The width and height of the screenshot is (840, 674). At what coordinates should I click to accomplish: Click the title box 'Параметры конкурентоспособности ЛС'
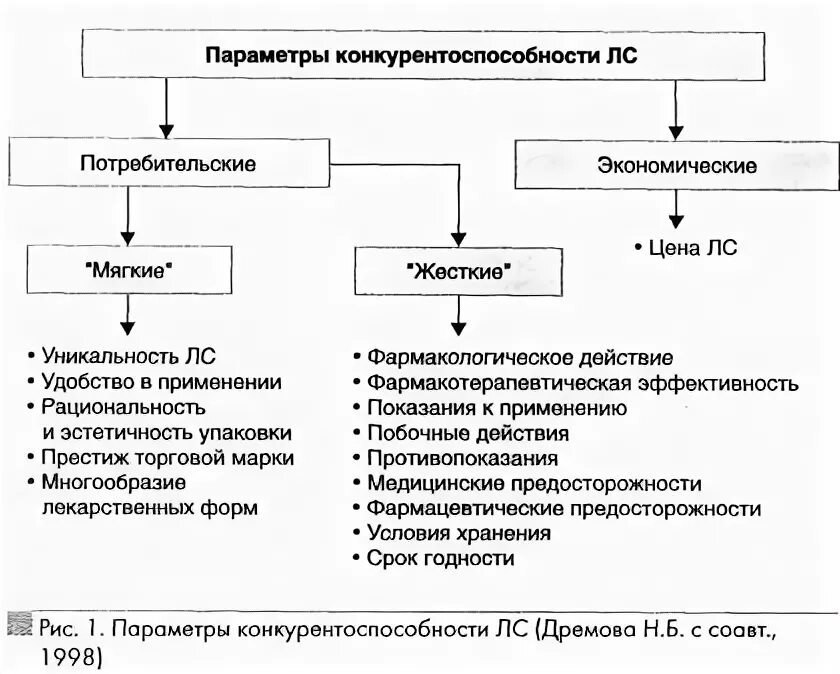tap(420, 55)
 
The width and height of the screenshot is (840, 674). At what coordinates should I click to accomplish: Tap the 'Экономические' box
tap(677, 166)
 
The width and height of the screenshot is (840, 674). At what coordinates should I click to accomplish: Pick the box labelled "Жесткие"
tap(459, 270)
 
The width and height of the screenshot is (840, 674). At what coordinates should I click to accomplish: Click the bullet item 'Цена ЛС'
tap(685, 248)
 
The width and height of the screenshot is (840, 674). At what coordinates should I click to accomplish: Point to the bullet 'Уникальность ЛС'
tap(128, 356)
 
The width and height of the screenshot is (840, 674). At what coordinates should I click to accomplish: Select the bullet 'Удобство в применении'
tap(161, 382)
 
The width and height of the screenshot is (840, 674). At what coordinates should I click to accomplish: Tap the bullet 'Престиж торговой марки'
tap(167, 458)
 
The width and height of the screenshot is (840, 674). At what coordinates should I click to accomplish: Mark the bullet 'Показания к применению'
tap(496, 408)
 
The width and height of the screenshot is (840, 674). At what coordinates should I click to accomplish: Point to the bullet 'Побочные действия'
tap(467, 433)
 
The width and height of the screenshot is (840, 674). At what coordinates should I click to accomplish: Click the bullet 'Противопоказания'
tap(462, 458)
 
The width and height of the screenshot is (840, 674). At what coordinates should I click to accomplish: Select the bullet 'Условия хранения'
tap(458, 534)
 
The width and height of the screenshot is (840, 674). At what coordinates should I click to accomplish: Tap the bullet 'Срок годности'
tap(440, 559)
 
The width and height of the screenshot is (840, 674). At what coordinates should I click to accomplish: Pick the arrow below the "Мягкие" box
tap(127, 317)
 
